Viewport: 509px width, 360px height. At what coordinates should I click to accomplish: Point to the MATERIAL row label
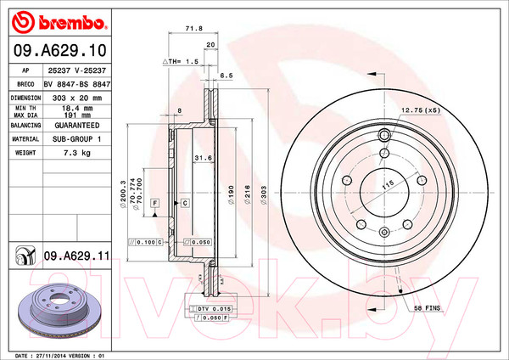(x=25, y=138)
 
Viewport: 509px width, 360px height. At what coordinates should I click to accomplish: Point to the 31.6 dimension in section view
(x=203, y=159)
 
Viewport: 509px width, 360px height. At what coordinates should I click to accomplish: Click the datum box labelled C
(x=184, y=204)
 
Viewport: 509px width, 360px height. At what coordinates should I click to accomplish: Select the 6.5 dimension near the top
(x=227, y=76)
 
